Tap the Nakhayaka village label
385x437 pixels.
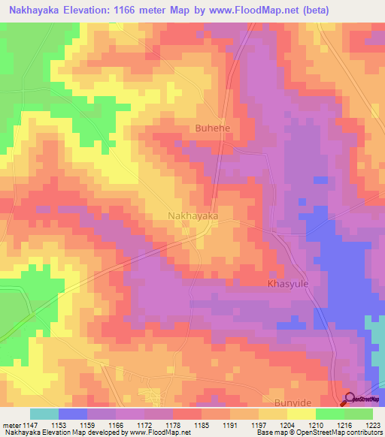tap(192, 215)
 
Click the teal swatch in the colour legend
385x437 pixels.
tap(44, 414)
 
